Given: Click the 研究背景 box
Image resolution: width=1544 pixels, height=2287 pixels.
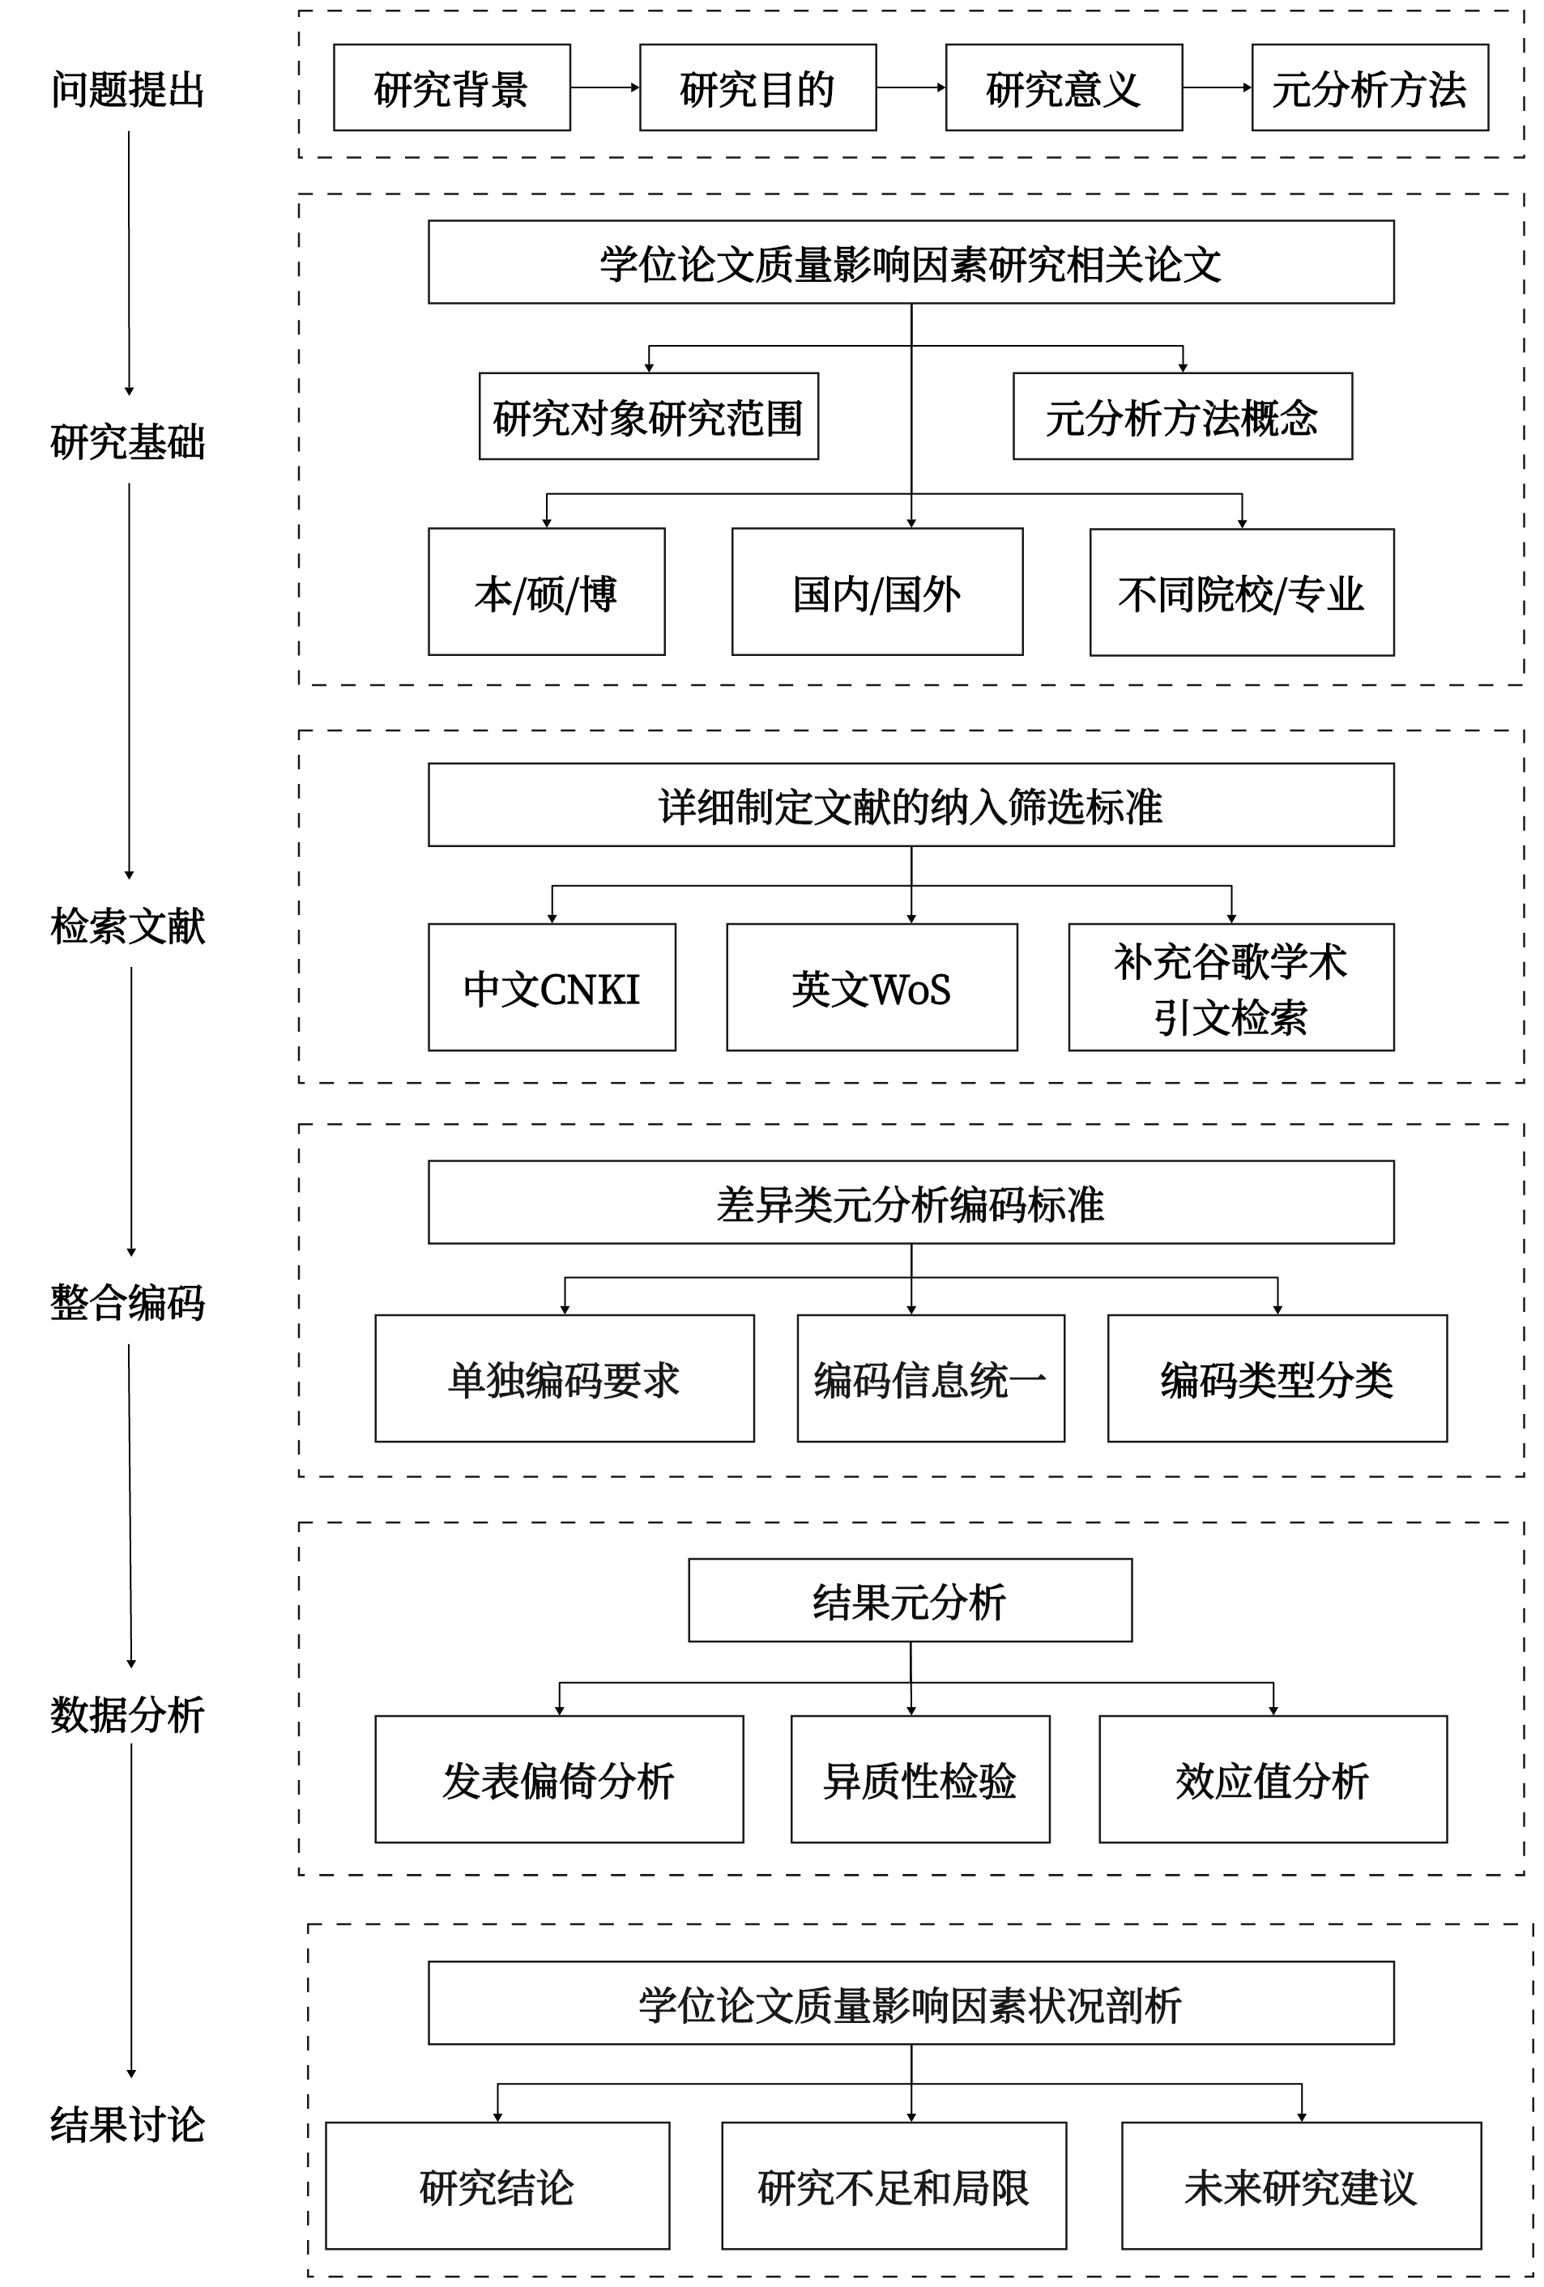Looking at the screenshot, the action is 452,87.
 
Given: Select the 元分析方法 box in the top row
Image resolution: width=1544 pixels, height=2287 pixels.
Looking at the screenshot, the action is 1370,87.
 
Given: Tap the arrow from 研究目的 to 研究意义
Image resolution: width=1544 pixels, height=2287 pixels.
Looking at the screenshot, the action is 911,87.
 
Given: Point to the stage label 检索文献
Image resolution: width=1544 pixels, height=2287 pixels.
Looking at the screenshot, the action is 128,926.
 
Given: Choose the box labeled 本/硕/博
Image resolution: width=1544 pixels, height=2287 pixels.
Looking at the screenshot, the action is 546,591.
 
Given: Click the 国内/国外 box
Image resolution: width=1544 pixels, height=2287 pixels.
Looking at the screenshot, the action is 876,591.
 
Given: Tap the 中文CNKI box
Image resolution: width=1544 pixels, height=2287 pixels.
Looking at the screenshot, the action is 552,987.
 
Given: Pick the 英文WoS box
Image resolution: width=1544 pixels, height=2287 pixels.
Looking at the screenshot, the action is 872,987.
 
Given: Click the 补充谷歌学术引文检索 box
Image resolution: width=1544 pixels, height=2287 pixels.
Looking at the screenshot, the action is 1231,987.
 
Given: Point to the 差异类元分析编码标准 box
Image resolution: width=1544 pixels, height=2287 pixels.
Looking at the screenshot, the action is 911,1203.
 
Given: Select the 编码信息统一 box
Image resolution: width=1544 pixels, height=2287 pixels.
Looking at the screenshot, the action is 931,1378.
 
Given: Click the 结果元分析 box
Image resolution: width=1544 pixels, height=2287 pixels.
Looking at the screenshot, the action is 911,1600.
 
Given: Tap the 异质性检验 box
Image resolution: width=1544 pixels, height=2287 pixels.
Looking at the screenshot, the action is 920,1779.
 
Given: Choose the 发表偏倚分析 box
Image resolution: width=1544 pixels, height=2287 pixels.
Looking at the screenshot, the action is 559,1779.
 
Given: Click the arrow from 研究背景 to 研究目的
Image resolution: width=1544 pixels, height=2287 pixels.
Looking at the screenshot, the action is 605,87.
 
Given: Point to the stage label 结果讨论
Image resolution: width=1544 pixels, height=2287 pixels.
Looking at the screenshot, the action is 128,2125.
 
